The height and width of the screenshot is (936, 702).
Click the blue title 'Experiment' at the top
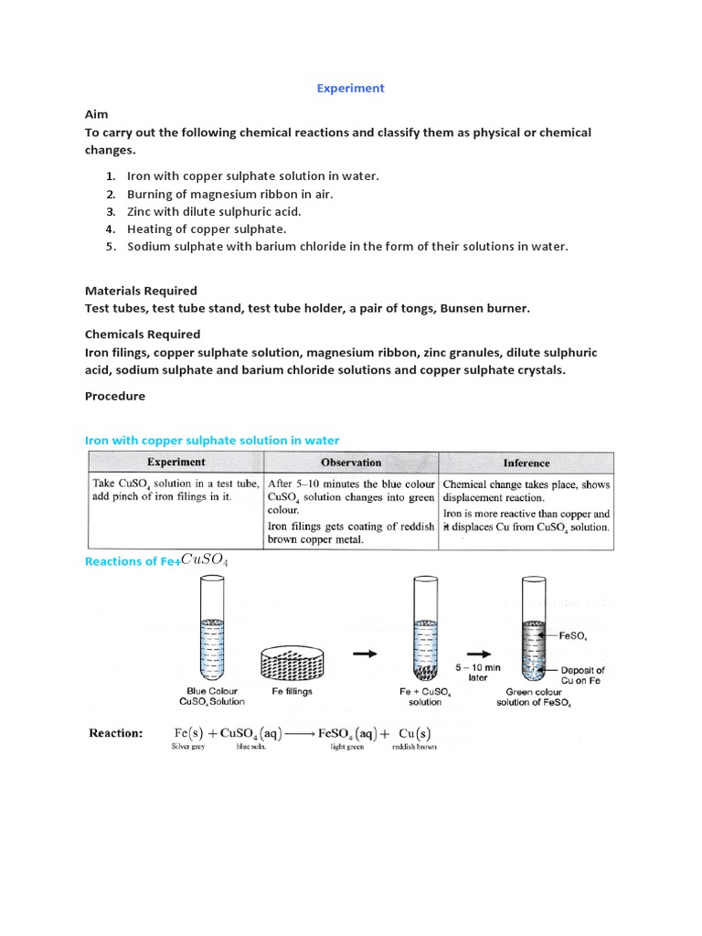pyautogui.click(x=350, y=88)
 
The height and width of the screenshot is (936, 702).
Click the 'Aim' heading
pyautogui.click(x=96, y=114)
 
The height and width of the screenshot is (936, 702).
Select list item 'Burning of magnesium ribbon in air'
pyautogui.click(x=229, y=194)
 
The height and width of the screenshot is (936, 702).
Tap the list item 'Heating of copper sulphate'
pyautogui.click(x=207, y=229)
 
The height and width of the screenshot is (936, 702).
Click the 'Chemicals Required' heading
pyautogui.click(x=143, y=335)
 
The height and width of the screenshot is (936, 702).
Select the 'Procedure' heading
pyautogui.click(x=114, y=397)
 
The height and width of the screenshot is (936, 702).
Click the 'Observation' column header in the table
pyautogui.click(x=351, y=463)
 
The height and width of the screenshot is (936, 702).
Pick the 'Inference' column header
pyautogui.click(x=526, y=463)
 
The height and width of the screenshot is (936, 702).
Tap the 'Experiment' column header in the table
pyautogui.click(x=176, y=463)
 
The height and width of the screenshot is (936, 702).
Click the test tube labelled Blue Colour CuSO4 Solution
pyautogui.click(x=213, y=631)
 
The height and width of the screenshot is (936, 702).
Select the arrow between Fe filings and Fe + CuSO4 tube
pyautogui.click(x=364, y=654)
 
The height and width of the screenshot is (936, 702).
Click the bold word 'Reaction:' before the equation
pyautogui.click(x=115, y=733)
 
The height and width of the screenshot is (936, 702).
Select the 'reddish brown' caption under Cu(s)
pyautogui.click(x=415, y=747)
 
